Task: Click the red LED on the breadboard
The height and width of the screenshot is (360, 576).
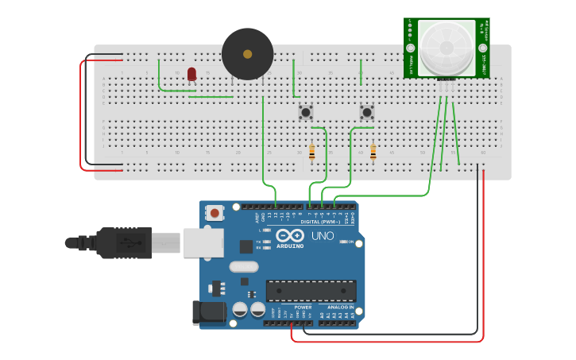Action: point(191,74)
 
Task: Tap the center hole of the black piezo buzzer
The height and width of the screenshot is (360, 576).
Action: point(247,54)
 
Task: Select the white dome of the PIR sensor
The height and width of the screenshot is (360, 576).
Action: point(446,48)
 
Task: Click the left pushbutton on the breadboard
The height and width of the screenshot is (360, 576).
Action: point(305,112)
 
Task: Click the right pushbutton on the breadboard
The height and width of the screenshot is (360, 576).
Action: point(366,112)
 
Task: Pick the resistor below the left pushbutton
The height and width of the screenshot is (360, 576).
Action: point(311,153)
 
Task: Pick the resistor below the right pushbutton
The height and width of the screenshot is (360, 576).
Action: point(373,153)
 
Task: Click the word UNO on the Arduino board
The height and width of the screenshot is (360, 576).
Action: point(322,236)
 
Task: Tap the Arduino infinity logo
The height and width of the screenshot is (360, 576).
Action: point(290,236)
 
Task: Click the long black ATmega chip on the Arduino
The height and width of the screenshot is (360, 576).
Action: point(311,291)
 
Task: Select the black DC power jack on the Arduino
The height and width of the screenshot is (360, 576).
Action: point(208,312)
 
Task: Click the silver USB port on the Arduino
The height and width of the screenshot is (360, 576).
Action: point(203,242)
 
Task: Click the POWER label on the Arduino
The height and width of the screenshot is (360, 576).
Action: point(303,307)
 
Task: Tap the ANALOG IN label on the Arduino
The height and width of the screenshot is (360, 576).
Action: point(340,307)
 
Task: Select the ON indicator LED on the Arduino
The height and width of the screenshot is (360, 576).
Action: point(345,242)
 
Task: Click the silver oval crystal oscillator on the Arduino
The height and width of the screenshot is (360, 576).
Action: point(245,267)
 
